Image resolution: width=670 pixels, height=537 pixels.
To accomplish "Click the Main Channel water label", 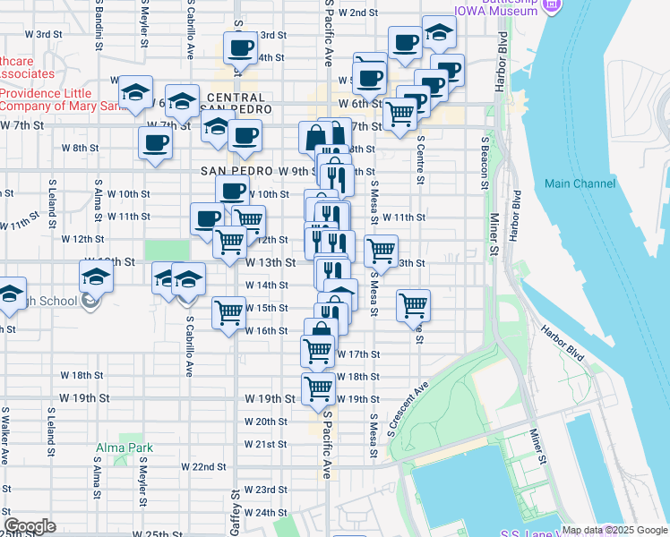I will click(580, 183).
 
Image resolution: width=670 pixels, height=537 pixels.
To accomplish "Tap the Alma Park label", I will click(125, 447).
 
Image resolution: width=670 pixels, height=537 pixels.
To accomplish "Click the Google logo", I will click(30, 526).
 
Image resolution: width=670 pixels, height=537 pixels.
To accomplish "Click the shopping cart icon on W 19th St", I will click(318, 388).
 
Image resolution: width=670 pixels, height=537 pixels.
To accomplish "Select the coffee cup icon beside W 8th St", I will click(155, 142).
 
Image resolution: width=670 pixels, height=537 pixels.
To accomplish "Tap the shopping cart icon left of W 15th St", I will click(228, 312).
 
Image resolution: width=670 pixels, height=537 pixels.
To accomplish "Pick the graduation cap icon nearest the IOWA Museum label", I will click(439, 33).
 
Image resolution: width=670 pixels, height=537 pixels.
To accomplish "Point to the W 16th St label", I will click(266, 330).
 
